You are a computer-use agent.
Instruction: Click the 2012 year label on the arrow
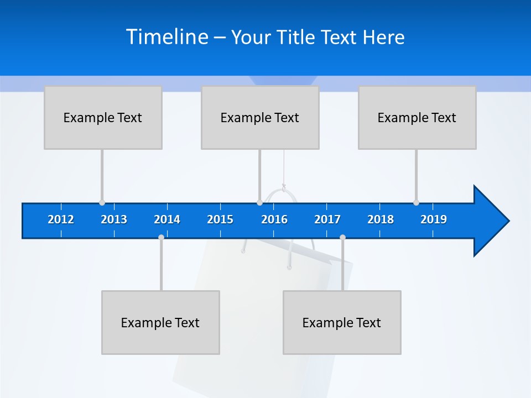61,219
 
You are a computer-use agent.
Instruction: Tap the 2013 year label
114,219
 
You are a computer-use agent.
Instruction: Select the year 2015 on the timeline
220,219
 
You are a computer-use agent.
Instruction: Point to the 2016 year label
274,219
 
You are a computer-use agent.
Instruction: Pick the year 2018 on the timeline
381,219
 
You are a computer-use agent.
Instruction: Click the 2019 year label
434,219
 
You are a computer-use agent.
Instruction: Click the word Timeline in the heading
167,36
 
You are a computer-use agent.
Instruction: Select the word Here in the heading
384,37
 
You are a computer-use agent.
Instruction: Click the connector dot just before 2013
102,203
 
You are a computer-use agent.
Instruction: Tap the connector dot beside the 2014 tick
161,237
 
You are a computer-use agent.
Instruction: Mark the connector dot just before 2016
259,203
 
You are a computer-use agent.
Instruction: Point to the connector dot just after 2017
342,237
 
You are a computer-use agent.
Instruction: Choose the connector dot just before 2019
416,203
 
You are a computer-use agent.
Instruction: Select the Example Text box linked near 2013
103,117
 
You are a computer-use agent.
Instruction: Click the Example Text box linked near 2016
260,117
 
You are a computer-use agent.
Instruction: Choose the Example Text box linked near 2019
417,117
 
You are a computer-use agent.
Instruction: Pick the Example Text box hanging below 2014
160,322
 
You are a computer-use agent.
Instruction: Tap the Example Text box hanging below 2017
342,322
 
